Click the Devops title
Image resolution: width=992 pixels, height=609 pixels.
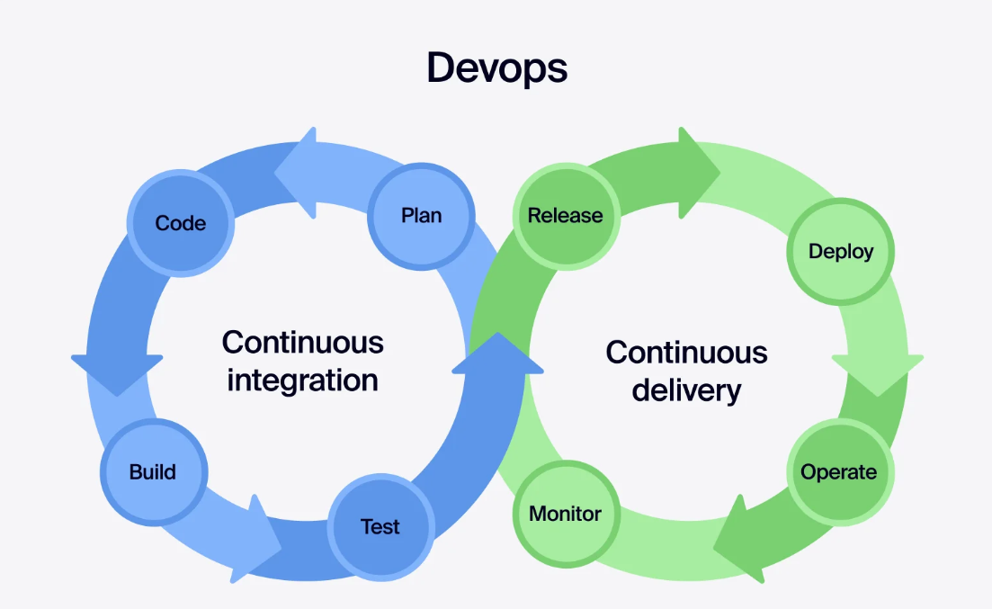point(496,68)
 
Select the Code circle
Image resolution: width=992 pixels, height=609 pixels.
point(180,223)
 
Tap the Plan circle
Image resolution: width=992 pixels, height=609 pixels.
point(421,216)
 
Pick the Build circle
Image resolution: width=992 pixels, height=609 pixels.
point(153,471)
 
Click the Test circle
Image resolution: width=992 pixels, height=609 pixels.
point(380,526)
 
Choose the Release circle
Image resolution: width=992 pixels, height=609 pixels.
point(565,216)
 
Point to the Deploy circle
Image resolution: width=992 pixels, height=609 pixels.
point(840,251)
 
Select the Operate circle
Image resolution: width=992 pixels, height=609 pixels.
point(838,471)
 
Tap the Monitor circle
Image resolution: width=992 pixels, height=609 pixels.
point(565,514)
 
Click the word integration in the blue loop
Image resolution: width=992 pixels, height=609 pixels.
point(302,381)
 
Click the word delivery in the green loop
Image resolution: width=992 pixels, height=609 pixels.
point(686,390)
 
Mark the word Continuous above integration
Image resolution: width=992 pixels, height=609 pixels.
point(302,343)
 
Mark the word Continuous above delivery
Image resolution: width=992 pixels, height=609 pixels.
point(686,352)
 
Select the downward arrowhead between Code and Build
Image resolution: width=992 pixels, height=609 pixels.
point(117,373)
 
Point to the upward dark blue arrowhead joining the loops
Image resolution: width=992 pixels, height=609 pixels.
point(497,355)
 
